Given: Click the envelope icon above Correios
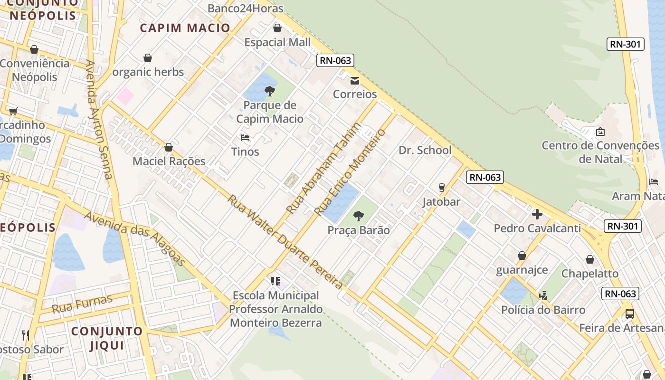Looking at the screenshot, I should click(x=355, y=80).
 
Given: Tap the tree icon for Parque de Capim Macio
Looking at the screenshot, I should click(x=270, y=91).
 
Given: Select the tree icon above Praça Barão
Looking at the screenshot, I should click(x=359, y=217).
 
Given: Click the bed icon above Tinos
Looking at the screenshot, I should click(x=245, y=138).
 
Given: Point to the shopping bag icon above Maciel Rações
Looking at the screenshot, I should click(x=168, y=147).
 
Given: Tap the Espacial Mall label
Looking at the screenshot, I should click(x=277, y=42).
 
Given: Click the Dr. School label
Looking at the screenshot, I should click(x=425, y=150).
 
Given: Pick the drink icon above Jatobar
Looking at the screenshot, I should click(x=441, y=188).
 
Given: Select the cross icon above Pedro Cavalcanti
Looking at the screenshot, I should click(x=537, y=214).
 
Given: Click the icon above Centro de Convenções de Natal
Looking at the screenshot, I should click(x=600, y=132).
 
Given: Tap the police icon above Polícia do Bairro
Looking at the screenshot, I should click(x=543, y=296).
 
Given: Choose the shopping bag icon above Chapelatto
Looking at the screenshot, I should click(x=589, y=259).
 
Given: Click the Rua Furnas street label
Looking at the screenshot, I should click(x=82, y=304).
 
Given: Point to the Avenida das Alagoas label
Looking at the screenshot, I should click(x=135, y=238).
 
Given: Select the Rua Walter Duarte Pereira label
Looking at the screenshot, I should click(x=285, y=241).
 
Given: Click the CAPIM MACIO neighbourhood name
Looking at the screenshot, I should click(x=185, y=28).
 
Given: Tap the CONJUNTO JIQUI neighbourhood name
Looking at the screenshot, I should click(x=107, y=338).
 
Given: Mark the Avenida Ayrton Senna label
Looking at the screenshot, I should click(x=99, y=119).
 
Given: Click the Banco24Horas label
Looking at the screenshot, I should click(x=245, y=8).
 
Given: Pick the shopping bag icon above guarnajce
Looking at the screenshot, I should click(x=522, y=256).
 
